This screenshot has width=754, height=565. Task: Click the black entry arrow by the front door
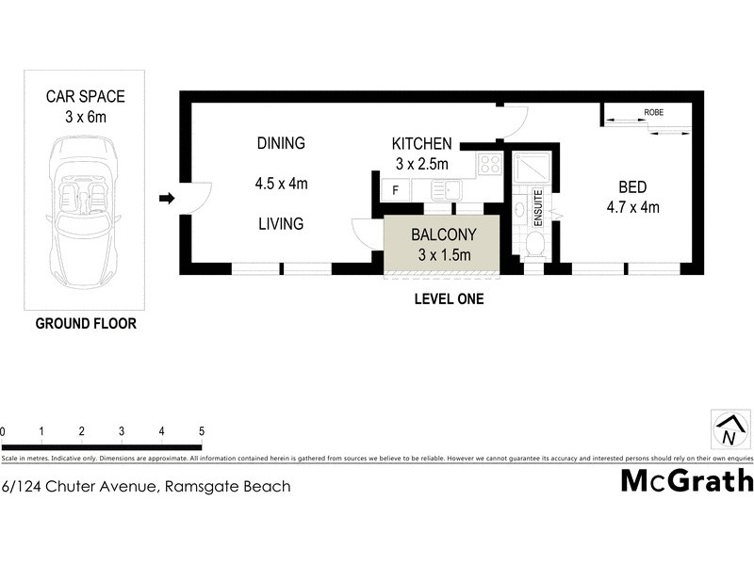pos(167,198)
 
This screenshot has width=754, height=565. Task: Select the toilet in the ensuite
pos(533,245)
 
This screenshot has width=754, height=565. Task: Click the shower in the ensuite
pos(533,169)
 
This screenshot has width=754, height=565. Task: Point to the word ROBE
pos(653,112)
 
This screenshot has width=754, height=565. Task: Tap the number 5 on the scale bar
pos(202,431)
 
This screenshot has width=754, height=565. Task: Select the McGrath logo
pos(687,481)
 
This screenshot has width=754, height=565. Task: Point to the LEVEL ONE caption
pos(449,299)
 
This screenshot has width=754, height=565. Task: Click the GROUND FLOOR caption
pos(86,324)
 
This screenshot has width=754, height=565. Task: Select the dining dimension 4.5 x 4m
pos(281,184)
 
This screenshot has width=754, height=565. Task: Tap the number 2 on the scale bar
pos(82,431)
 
